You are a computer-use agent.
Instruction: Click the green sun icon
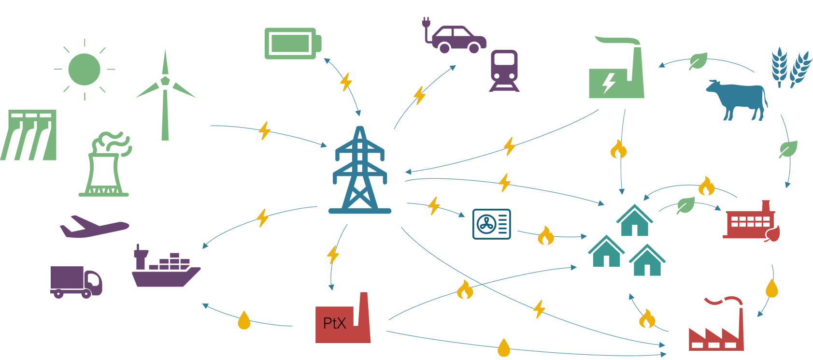pyautogui.click(x=85, y=70)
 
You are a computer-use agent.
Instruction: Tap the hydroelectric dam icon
pyautogui.click(x=29, y=135)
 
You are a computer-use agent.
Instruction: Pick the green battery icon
pyautogui.click(x=292, y=43)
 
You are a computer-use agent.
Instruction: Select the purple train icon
pyautogui.click(x=504, y=71)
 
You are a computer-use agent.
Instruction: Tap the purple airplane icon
pyautogui.click(x=94, y=227)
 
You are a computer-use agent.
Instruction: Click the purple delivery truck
pyautogui.click(x=75, y=281)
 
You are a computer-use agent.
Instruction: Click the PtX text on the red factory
pyautogui.click(x=334, y=323)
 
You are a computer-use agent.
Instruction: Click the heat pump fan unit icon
pyautogui.click(x=491, y=224)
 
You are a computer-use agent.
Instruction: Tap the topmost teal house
pyautogui.click(x=634, y=221)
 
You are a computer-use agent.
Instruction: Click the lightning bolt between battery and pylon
pyautogui.click(x=346, y=82)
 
